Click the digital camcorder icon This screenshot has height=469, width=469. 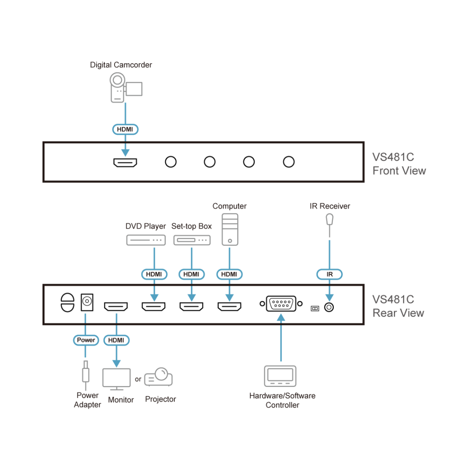[x=125, y=88]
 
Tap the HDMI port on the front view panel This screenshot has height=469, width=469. [x=125, y=162]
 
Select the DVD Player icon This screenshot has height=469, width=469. [x=146, y=240]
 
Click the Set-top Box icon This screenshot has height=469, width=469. [x=192, y=240]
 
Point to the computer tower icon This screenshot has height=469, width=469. [x=230, y=229]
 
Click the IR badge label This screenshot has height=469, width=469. [x=329, y=274]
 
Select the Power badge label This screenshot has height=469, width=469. [x=86, y=340]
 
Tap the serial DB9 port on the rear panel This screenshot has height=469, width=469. [x=281, y=304]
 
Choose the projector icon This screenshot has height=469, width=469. [x=159, y=377]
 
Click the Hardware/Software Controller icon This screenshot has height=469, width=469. [x=280, y=376]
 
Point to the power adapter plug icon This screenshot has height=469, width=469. [x=86, y=374]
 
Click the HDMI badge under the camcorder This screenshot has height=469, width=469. [x=125, y=129]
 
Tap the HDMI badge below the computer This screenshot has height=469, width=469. [x=229, y=274]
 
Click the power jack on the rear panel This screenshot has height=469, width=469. [x=87, y=302]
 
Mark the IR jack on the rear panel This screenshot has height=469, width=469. [x=329, y=308]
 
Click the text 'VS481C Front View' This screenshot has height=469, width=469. [x=399, y=164]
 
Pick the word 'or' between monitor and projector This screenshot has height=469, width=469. [x=138, y=379]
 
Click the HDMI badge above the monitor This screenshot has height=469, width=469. [x=116, y=340]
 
